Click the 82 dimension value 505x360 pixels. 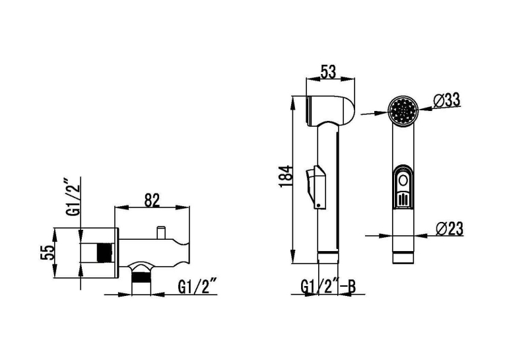click(x=152, y=201)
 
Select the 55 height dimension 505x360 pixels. click(x=47, y=253)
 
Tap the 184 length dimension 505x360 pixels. click(x=285, y=176)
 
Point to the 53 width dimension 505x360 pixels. click(x=328, y=71)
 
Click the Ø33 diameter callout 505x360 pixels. click(x=446, y=101)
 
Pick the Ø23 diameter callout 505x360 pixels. click(x=450, y=229)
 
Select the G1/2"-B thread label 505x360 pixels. click(x=328, y=287)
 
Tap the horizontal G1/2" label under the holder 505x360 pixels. click(x=197, y=287)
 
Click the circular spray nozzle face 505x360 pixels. click(x=403, y=110)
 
